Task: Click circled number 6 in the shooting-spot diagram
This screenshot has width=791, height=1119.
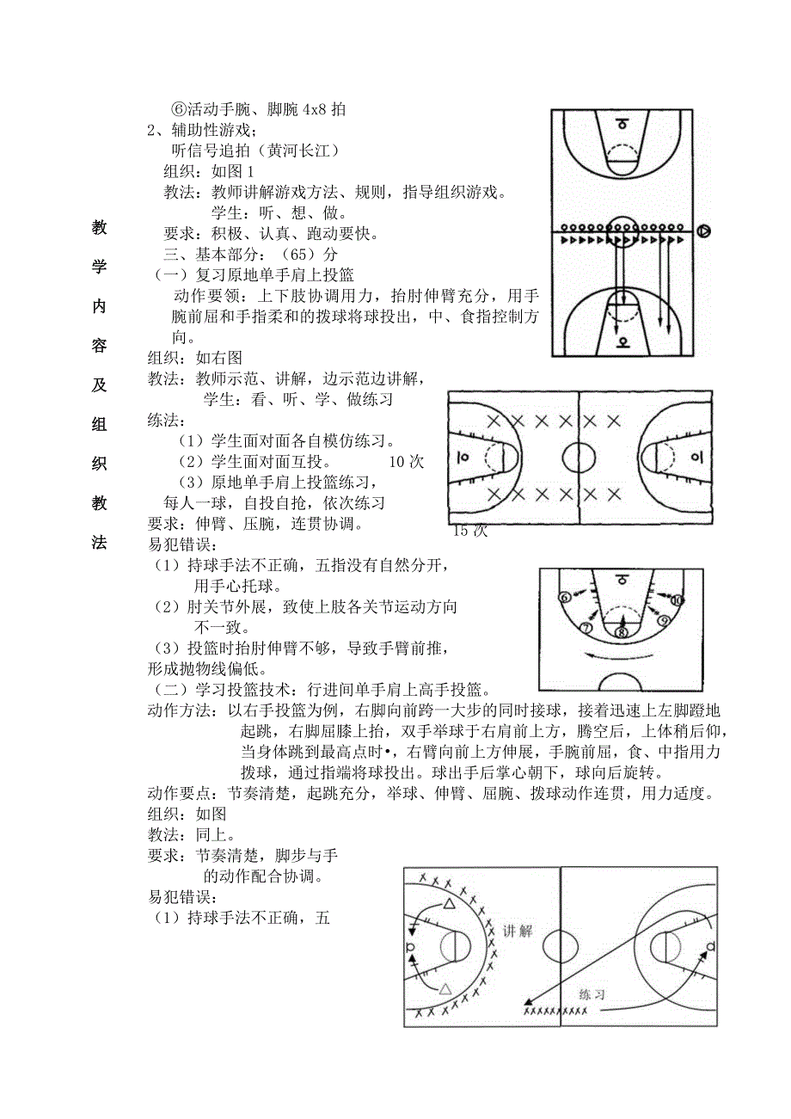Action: (564, 597)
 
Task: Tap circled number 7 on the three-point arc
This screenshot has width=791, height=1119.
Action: (586, 627)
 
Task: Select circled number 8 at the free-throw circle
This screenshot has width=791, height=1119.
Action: (622, 633)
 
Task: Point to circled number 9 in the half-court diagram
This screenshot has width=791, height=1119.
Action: (662, 620)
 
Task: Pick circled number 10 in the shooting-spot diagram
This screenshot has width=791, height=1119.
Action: (678, 599)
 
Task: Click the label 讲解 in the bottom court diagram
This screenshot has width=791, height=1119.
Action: (517, 931)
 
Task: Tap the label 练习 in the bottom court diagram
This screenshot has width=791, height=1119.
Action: (592, 993)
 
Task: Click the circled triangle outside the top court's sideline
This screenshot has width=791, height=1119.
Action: (704, 231)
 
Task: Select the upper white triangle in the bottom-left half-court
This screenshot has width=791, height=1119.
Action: (448, 904)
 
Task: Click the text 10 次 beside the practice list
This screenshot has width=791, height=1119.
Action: (407, 461)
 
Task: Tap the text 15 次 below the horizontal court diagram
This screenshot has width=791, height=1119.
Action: (470, 531)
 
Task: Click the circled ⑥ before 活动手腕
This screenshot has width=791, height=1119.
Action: (179, 109)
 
